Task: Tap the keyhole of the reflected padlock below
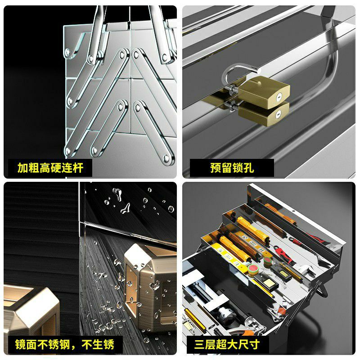(x=278, y=114)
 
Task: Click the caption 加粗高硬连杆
(x=50, y=168)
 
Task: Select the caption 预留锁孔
(x=232, y=168)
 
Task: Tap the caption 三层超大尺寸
(x=227, y=344)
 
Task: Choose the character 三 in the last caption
(x=200, y=344)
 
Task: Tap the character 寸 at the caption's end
(x=255, y=344)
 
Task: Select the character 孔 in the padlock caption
(x=249, y=168)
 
